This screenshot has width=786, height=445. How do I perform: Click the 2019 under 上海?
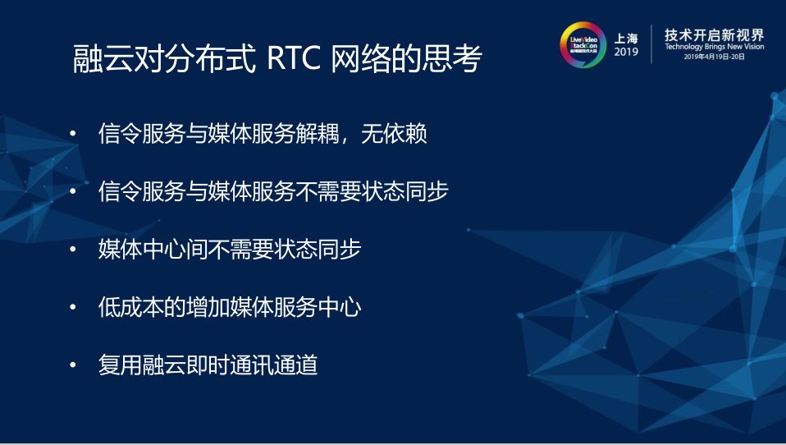click(625, 53)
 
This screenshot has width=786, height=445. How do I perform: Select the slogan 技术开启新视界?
click(713, 34)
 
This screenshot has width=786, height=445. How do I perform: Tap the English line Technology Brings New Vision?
click(713, 48)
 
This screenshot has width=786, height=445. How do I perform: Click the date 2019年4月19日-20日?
click(713, 58)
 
